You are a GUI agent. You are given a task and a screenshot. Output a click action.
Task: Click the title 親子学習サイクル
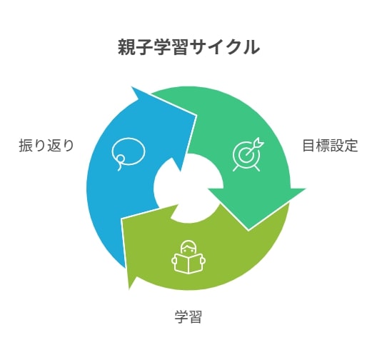188,47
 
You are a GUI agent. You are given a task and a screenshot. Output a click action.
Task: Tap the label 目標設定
330,146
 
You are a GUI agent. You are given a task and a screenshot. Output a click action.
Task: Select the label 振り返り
46,146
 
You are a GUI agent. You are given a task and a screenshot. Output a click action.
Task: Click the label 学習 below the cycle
188,316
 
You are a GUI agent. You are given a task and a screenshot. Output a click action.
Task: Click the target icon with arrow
248,154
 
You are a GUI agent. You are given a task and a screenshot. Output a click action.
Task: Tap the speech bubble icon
128,154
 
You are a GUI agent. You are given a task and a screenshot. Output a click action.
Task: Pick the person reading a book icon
188,257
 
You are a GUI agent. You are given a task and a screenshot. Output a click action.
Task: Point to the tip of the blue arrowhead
132,87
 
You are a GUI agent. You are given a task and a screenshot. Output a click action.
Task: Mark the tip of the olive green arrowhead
129,289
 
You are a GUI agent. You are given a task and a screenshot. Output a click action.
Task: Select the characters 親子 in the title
135,47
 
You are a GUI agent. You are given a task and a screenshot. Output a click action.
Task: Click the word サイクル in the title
224,47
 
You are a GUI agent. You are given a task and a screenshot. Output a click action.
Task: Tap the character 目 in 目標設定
309,146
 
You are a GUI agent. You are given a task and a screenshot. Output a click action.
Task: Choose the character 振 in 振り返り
26,146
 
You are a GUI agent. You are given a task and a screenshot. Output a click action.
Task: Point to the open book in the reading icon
188,264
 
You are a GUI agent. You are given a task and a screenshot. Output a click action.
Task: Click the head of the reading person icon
188,247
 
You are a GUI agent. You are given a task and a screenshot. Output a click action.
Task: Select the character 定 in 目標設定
351,146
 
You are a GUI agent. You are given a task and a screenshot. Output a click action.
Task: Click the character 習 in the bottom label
195,316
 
